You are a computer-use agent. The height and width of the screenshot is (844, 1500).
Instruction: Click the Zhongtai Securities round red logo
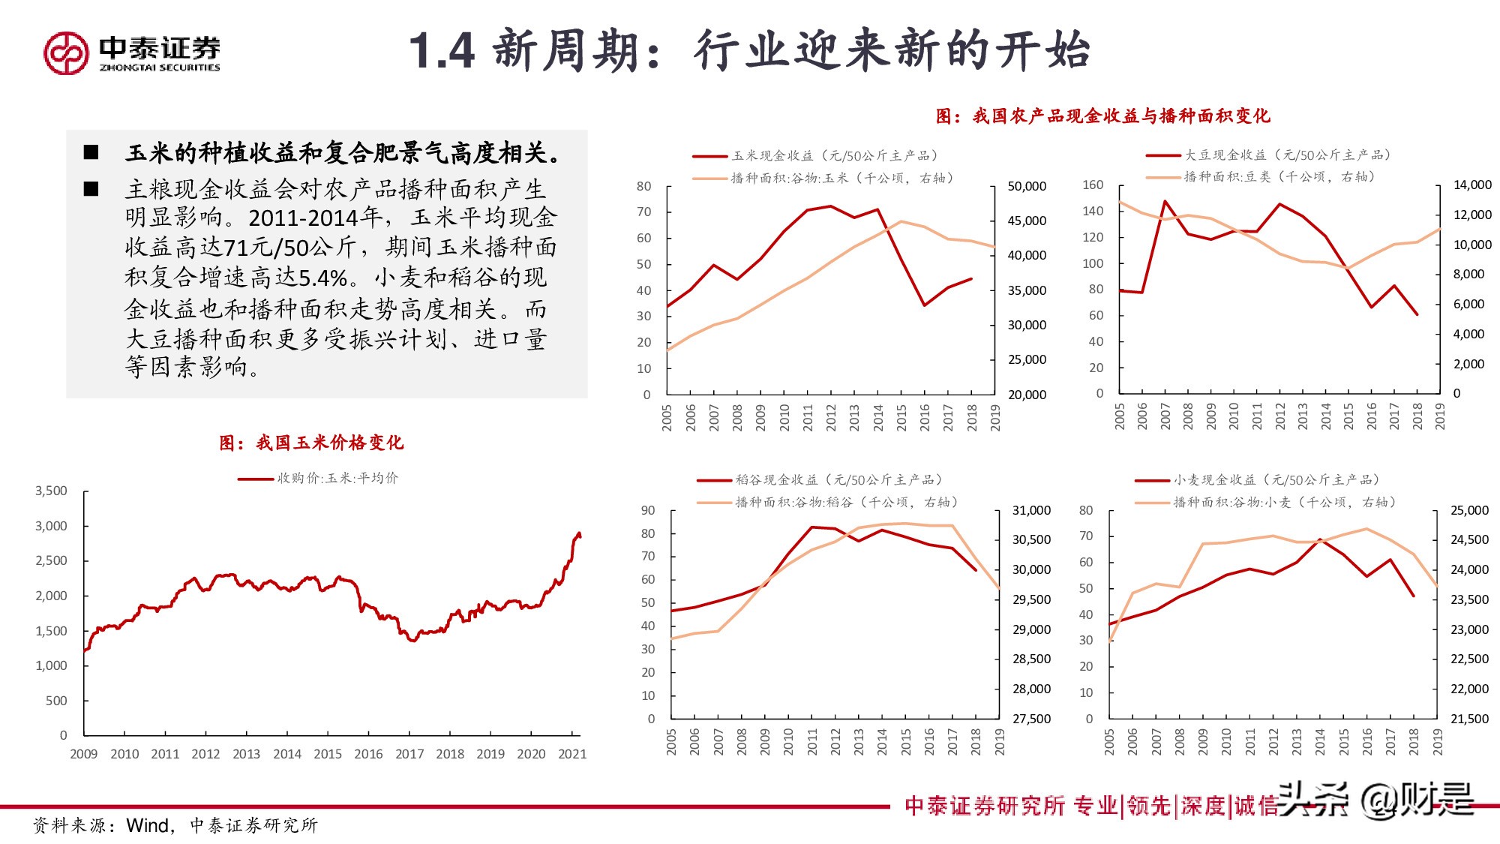point(66,53)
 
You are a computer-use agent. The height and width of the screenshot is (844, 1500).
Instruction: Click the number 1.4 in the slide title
point(442,52)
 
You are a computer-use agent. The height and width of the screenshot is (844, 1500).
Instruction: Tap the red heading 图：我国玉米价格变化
point(311,443)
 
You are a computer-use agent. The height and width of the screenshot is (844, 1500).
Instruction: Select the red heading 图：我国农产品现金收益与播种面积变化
point(1102,116)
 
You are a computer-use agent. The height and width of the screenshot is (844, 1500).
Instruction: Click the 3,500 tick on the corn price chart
point(51,491)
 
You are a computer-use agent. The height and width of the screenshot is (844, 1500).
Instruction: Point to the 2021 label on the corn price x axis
point(572,754)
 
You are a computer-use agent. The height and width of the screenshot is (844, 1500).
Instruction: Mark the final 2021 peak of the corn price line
point(578,533)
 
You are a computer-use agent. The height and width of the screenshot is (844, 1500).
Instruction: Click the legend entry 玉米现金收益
point(772,155)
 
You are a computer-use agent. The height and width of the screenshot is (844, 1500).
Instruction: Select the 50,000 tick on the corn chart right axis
point(1027,186)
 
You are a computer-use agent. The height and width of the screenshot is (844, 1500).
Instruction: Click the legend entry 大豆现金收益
point(1225,155)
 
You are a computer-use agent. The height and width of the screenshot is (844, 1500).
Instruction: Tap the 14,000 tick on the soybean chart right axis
point(1471,185)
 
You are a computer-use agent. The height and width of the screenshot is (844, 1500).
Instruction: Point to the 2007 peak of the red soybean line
point(1165,201)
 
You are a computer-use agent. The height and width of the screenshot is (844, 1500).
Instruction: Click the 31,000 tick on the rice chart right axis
point(1031,510)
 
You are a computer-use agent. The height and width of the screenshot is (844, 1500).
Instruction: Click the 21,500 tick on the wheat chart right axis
point(1469,719)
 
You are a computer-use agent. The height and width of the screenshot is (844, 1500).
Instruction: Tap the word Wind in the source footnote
point(148,825)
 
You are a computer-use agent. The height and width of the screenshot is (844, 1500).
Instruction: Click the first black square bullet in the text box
point(91,152)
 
